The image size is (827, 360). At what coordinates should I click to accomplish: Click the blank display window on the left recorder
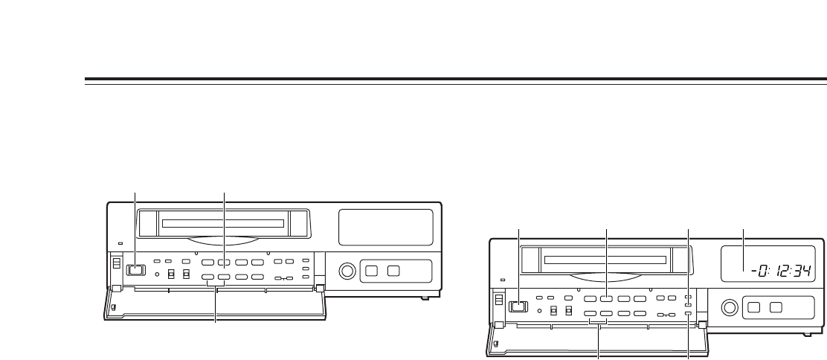385,227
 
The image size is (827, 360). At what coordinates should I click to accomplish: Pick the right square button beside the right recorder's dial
776,306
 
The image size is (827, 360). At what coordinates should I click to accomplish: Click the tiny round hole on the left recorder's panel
157,271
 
